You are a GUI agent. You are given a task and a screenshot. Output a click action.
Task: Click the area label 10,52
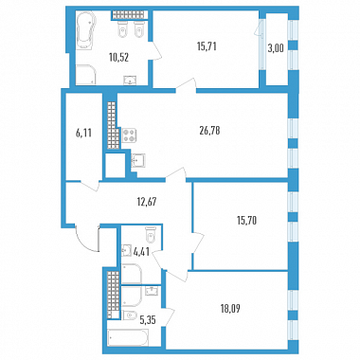point(119,58)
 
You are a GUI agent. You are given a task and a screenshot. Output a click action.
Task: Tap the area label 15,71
point(207,46)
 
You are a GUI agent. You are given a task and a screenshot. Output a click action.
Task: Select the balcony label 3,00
point(276,48)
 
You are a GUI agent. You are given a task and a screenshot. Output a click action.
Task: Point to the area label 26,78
point(209,130)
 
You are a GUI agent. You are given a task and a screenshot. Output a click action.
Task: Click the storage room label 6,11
point(83,133)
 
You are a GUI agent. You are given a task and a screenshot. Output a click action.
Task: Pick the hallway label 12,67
point(146,201)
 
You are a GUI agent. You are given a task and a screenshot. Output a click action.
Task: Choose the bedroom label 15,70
point(246,220)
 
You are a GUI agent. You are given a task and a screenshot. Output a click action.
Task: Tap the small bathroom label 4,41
point(141,252)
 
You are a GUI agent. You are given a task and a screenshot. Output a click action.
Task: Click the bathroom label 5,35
point(148,321)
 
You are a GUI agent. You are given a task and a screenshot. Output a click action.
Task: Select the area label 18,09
point(230,308)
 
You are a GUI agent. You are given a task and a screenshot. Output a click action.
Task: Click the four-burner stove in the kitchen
point(129,135)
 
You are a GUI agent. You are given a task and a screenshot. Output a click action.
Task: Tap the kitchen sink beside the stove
point(138,160)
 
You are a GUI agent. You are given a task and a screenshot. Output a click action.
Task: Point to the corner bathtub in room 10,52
point(85,30)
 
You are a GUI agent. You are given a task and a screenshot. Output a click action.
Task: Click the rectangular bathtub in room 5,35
point(128,338)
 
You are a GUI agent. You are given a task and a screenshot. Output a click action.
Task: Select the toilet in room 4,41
point(151,235)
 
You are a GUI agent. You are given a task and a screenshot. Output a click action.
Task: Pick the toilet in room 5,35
point(130,315)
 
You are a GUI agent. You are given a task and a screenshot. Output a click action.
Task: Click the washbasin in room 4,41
point(127,250)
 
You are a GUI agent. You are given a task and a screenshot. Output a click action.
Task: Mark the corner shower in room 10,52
point(86,75)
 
